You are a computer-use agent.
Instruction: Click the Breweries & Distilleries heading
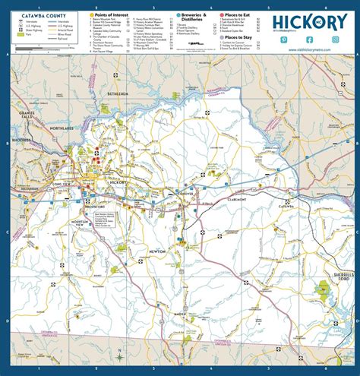(195, 17)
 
